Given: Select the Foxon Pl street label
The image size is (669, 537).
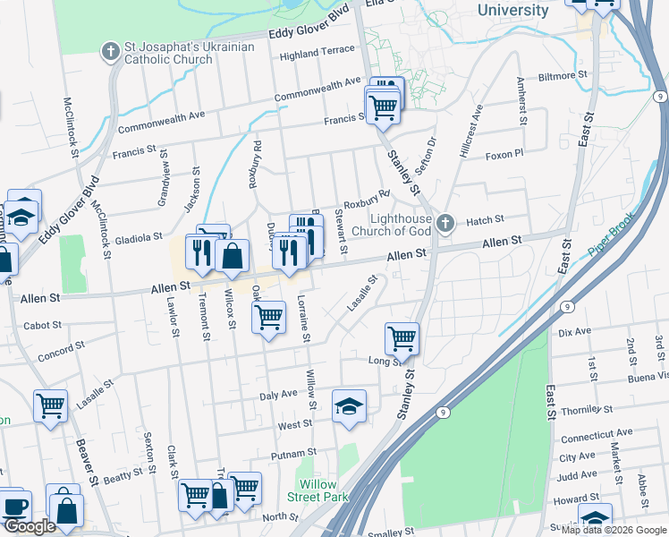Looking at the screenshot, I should point(504,155).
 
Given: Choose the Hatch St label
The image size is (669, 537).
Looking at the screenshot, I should point(486,219).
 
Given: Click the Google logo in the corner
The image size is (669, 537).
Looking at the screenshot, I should point(29,526).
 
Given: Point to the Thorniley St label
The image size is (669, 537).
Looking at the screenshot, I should point(581,409).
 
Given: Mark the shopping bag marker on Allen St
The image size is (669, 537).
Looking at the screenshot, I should point(232,255).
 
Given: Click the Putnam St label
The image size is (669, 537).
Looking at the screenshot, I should point(300,453).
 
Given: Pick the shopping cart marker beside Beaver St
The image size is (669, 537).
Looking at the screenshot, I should point(50,405).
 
